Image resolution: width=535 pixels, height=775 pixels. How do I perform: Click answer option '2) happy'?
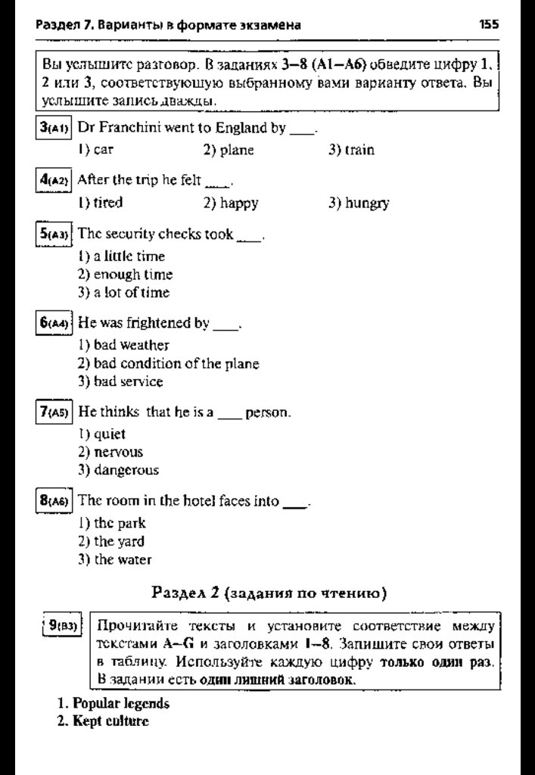[x=232, y=203]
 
